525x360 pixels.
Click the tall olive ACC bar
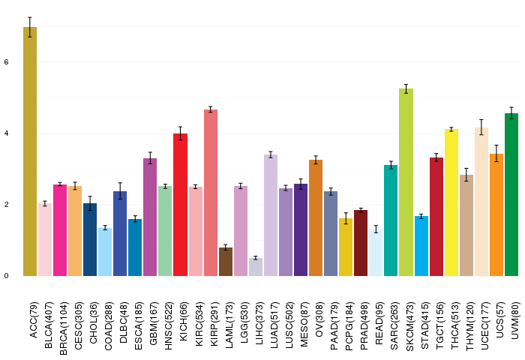(x=30, y=151)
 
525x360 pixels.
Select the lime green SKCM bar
(x=406, y=182)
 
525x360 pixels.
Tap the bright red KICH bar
(x=180, y=205)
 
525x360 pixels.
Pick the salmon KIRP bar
(x=211, y=193)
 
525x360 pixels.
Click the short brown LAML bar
(x=226, y=262)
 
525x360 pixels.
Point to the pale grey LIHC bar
(x=256, y=267)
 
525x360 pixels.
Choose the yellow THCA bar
(x=451, y=202)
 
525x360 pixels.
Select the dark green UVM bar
(x=511, y=194)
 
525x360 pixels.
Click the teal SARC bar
(x=391, y=220)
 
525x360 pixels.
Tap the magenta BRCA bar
(x=60, y=230)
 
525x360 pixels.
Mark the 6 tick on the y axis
(x=6, y=62)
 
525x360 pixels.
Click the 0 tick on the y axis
(x=6, y=276)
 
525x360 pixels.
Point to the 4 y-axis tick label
(x=6, y=133)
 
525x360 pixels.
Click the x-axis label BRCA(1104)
(x=63, y=328)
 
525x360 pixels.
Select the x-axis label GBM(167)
(x=153, y=323)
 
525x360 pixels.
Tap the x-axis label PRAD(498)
(x=364, y=325)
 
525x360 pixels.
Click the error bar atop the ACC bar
(x=30, y=27)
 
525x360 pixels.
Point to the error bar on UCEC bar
(x=481, y=127)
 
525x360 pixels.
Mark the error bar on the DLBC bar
(x=120, y=191)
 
